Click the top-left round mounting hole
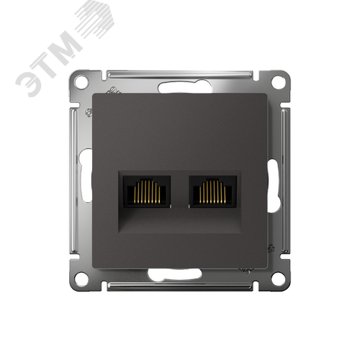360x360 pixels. coord(81,82)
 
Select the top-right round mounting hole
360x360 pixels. coord(278,82)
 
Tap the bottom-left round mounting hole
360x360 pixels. coord(81,278)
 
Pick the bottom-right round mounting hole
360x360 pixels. coord(278,278)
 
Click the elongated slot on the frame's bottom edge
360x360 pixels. coord(176,274)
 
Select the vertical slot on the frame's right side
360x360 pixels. coord(274,176)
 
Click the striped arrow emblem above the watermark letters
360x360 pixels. coord(99,20)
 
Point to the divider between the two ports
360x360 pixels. coord(180,192)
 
